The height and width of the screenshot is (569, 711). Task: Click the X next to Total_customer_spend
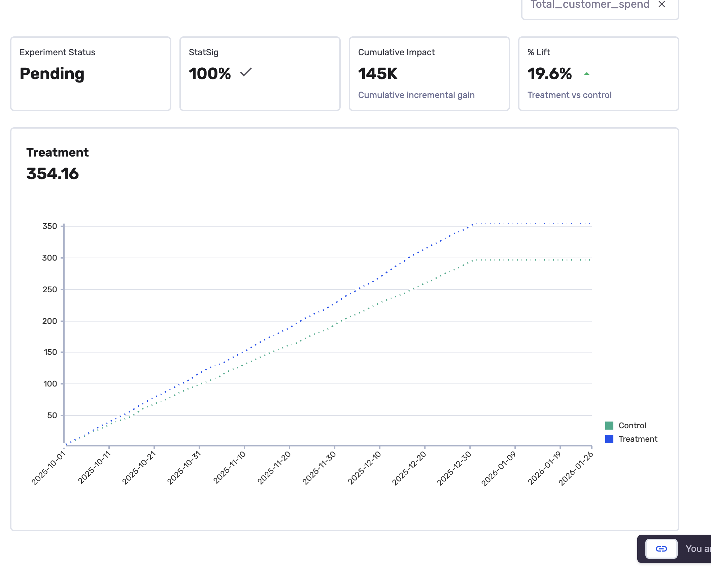(662, 4)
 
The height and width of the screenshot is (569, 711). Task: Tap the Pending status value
(52, 74)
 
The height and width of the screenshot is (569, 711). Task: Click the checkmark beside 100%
(246, 72)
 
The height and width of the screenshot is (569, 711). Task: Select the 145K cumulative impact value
(378, 74)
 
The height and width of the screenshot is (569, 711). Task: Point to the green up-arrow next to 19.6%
(587, 74)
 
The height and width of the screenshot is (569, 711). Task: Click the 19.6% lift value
(549, 74)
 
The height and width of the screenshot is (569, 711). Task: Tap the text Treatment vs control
(569, 95)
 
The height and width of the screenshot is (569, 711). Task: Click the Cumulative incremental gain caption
(416, 95)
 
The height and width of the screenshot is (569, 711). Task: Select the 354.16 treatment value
(53, 174)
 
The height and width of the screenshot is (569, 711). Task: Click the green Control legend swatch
(609, 426)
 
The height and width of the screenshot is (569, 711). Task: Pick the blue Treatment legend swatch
(609, 439)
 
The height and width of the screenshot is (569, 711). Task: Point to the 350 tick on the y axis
(50, 226)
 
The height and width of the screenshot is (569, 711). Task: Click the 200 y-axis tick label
(50, 321)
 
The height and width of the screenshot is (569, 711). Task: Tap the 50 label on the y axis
(52, 415)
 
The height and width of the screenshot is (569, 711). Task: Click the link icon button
(661, 549)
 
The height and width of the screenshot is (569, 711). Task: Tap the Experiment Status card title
(57, 52)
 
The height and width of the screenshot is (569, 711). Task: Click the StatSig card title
(204, 52)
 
